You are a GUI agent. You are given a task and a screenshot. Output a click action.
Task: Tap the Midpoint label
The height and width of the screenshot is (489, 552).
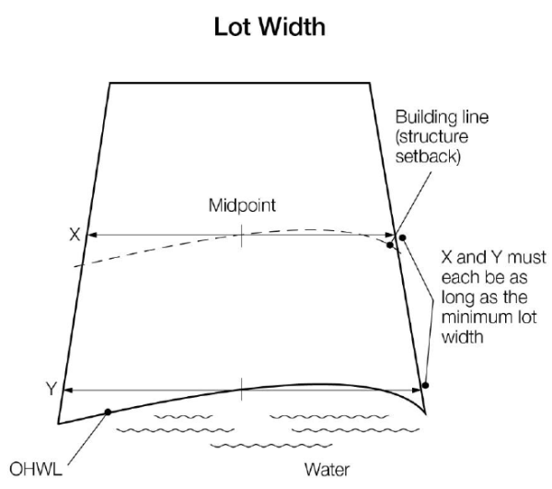pyautogui.click(x=240, y=204)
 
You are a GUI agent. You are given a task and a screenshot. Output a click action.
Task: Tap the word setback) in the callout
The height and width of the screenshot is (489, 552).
pyautogui.click(x=422, y=157)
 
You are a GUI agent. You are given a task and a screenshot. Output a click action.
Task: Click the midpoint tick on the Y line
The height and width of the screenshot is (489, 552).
pyautogui.click(x=241, y=389)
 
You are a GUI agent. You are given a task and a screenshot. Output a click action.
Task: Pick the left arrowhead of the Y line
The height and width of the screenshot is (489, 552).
pyautogui.click(x=66, y=390)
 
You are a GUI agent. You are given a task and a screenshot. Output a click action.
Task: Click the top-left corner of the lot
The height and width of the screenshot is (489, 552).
pyautogui.click(x=110, y=84)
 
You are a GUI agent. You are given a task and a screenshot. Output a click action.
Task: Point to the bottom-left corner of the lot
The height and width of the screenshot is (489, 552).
pyautogui.click(x=58, y=424)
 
